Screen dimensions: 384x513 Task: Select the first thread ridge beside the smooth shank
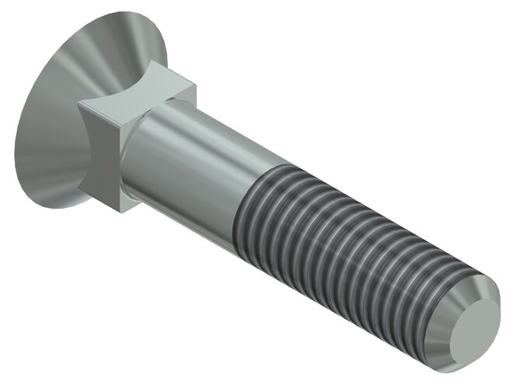pos(247,209)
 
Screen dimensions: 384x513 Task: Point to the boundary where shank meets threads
pos(237,206)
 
